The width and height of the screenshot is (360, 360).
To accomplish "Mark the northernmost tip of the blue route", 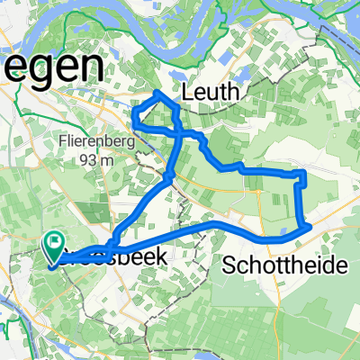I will click(x=157, y=92).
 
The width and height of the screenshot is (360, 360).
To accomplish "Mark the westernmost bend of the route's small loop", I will click(x=134, y=114).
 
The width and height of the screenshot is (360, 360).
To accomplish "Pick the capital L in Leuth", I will click(x=188, y=92).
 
